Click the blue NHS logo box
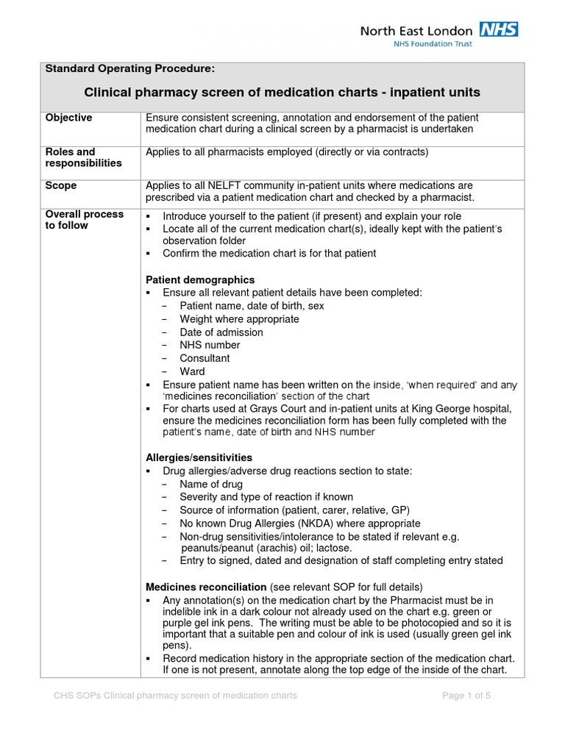point(499,30)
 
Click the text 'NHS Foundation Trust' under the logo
point(433,44)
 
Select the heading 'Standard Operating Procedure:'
point(130,69)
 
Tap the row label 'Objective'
point(69,118)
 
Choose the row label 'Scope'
point(61,185)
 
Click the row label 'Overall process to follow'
point(85,220)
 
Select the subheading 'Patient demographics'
point(200,279)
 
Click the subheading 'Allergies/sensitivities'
point(199,457)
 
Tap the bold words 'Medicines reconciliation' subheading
point(206,587)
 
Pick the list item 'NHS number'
point(210,345)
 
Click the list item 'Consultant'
point(205,358)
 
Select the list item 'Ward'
point(192,371)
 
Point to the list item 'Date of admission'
point(221,332)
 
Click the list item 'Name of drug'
point(210,484)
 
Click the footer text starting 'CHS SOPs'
point(176,695)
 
